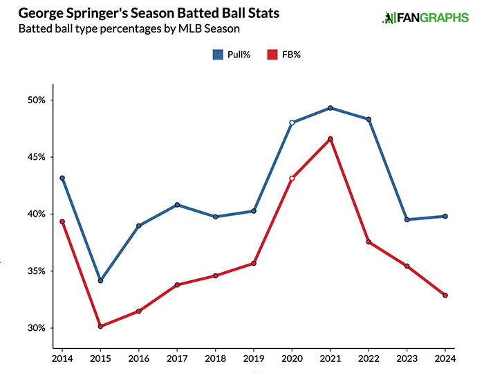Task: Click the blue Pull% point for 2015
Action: [x=101, y=281]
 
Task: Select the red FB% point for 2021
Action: [x=331, y=139]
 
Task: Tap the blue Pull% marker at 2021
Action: [x=331, y=108]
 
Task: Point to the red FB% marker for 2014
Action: [x=62, y=221]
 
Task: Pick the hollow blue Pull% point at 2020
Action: [x=292, y=122]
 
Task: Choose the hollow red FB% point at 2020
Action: [x=292, y=179]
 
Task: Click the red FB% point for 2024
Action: [x=445, y=295]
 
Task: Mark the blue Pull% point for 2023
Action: [x=407, y=219]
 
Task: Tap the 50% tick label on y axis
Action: [x=35, y=100]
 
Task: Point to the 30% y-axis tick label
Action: [x=35, y=328]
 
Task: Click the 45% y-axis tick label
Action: [x=35, y=157]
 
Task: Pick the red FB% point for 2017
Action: [x=177, y=284]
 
